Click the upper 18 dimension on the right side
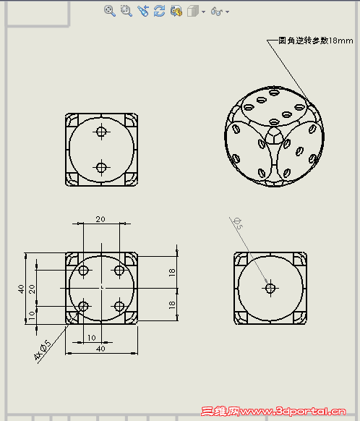point(172,272)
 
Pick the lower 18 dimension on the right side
point(172,305)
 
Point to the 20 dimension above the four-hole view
point(101,218)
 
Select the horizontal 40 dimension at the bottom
point(101,349)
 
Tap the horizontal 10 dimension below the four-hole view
point(92,337)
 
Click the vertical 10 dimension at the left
point(32,315)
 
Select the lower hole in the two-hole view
point(101,167)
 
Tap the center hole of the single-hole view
point(270,288)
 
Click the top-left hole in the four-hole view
point(84,271)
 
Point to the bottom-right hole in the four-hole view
point(119,306)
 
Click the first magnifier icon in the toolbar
point(109,11)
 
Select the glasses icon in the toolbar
point(216,12)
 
